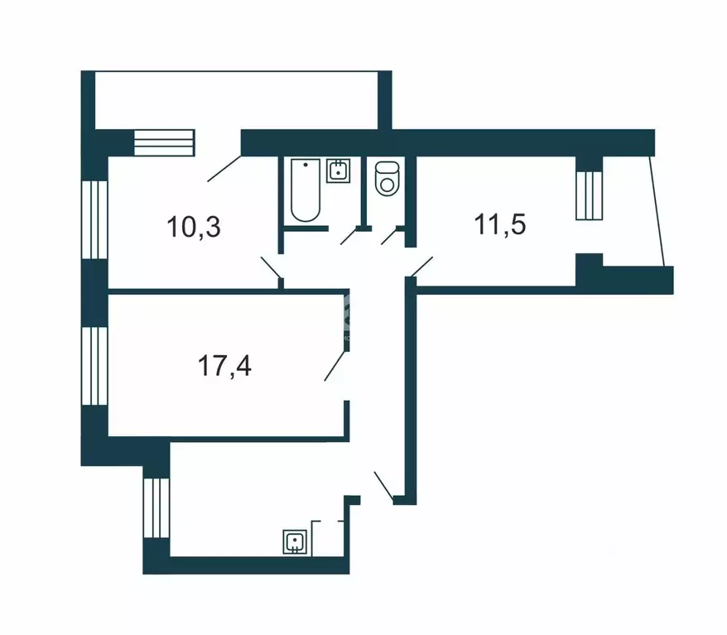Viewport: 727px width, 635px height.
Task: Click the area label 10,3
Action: point(195,225)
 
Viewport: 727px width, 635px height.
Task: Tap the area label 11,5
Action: point(500,224)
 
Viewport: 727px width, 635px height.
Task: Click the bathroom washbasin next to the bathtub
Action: point(339,171)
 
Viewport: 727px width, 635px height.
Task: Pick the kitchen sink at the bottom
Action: point(294,541)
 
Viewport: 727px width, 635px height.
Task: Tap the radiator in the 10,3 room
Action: point(163,142)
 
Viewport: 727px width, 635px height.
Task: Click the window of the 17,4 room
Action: point(97,364)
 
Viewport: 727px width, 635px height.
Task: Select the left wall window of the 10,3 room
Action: point(97,219)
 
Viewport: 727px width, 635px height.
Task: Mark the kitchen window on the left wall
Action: point(155,508)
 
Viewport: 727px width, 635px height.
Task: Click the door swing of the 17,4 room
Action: point(335,365)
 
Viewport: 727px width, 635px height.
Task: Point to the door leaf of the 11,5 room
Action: point(421,267)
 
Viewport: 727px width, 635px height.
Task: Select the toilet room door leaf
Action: point(389,236)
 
